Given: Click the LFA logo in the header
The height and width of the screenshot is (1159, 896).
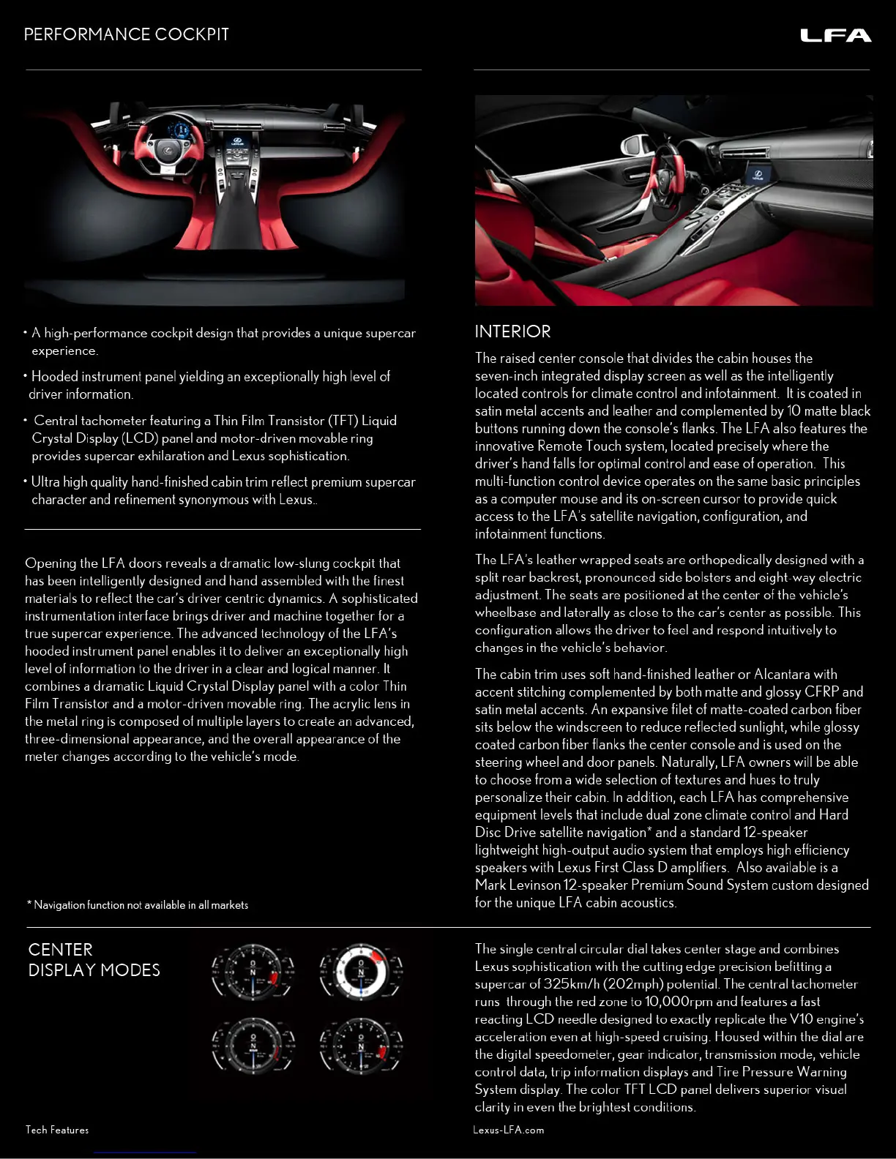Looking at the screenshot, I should [835, 35].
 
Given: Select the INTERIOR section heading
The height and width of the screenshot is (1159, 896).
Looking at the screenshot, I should [512, 331].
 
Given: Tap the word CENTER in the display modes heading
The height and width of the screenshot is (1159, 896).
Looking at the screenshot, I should [60, 950].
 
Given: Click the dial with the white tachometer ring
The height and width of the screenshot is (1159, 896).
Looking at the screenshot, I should [360, 972].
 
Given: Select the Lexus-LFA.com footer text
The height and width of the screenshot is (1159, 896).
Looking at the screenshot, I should [508, 1130].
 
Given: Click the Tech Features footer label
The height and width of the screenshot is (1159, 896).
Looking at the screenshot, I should [57, 1130].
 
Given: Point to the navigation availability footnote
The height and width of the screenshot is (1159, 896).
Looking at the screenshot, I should [138, 905].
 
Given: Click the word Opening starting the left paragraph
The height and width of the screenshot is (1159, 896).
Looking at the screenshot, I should [50, 563].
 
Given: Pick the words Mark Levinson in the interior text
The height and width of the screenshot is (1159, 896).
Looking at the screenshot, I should [518, 885].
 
